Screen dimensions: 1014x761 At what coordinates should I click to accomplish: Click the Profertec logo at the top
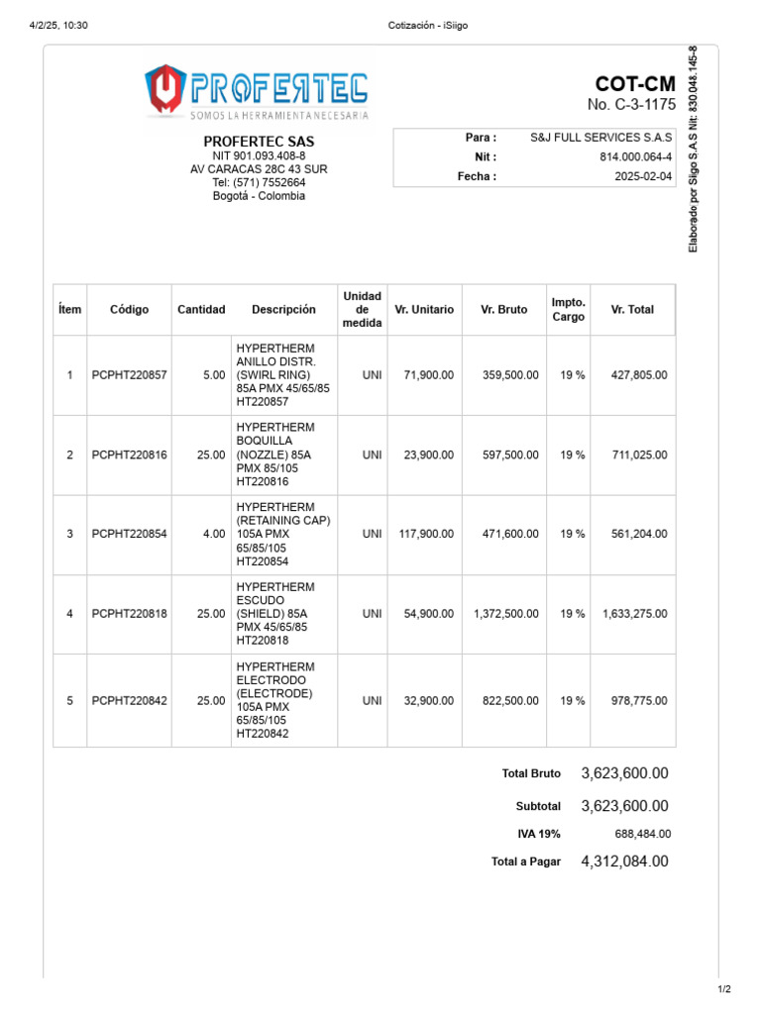coord(257,91)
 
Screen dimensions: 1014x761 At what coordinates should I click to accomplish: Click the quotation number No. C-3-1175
coord(630,105)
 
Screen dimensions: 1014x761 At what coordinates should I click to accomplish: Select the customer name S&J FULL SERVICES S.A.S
coord(600,138)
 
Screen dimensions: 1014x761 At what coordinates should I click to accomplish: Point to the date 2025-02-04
coord(643,176)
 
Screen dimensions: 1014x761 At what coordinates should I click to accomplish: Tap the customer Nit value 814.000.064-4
coord(635,156)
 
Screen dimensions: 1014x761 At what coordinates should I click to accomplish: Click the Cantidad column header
coord(201,309)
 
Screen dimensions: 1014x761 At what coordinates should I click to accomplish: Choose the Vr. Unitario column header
coord(424,309)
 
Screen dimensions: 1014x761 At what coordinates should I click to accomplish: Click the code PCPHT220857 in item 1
coord(130,375)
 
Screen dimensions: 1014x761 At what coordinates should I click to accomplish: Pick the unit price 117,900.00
coord(426,534)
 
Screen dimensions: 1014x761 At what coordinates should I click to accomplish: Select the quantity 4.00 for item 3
coord(213,534)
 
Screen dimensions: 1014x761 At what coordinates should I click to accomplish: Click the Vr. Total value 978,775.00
coord(634,700)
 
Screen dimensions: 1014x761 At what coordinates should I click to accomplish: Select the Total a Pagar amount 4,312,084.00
coord(624,862)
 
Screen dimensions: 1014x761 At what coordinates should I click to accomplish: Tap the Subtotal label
coord(538,806)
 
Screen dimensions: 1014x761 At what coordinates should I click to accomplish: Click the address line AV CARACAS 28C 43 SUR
coord(259,169)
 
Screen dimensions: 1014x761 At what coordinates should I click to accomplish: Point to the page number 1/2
coord(723,989)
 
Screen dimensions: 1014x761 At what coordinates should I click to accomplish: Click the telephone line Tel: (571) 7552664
coord(259,182)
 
